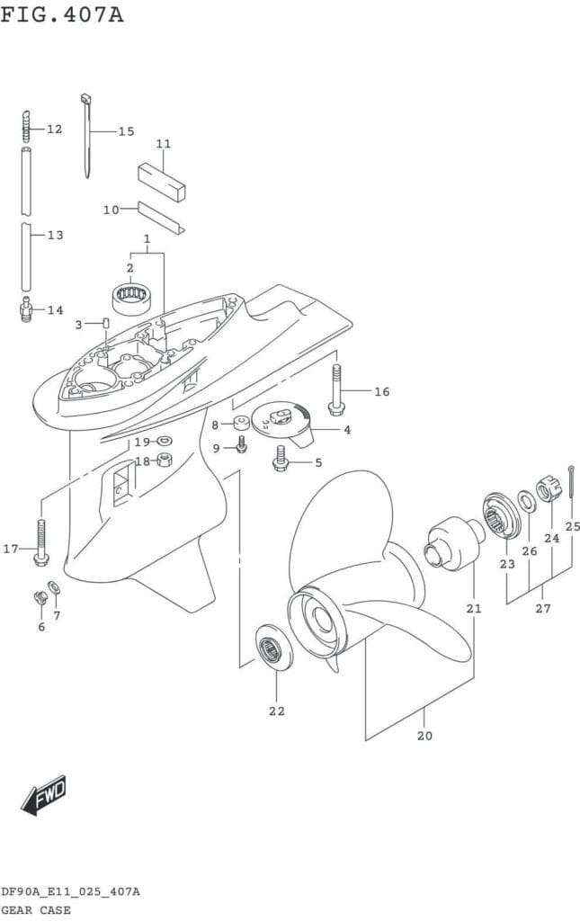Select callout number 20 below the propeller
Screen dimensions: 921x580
(425, 735)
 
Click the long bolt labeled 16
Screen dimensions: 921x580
(336, 389)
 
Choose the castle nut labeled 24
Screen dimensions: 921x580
(546, 491)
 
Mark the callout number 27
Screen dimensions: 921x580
(542, 609)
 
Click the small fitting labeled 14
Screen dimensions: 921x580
(27, 310)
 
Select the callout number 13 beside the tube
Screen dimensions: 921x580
(55, 236)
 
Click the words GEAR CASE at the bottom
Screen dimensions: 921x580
(35, 910)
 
